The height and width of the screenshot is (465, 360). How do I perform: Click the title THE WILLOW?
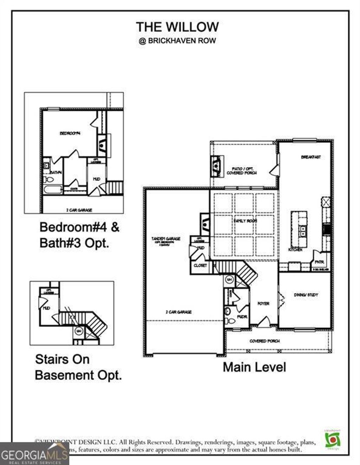(177, 27)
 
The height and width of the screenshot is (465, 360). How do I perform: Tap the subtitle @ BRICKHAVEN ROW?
(177, 41)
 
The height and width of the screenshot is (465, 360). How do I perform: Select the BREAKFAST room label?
(311, 157)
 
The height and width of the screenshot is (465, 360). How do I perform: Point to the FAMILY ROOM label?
(245, 221)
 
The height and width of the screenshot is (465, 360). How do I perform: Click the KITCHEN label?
(295, 249)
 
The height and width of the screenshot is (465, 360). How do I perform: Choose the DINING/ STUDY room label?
(306, 295)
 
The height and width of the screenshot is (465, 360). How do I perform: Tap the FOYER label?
(263, 303)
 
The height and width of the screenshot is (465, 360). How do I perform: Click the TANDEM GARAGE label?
(166, 239)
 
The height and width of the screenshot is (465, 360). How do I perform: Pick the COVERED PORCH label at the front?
(264, 341)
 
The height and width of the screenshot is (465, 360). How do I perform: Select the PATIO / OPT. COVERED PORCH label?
(242, 171)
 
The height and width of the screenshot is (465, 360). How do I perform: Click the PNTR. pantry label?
(319, 262)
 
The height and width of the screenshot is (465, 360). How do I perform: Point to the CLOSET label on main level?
(200, 266)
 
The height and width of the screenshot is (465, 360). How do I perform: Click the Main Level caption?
(255, 367)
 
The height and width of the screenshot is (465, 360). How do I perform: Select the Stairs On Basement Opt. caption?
(78, 367)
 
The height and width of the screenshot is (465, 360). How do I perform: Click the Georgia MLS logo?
(34, 453)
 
